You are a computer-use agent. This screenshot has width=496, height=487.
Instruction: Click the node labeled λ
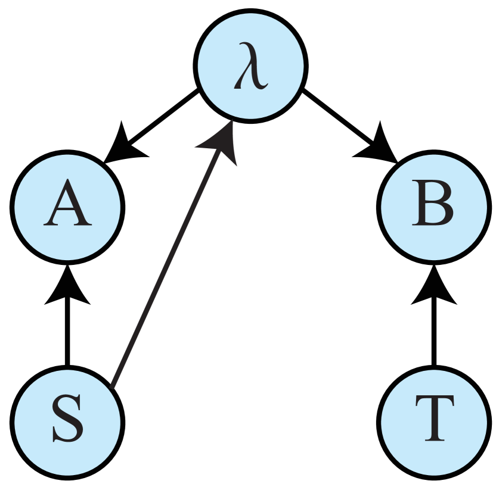point(251,66)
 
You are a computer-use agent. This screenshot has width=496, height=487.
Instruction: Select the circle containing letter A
point(67,207)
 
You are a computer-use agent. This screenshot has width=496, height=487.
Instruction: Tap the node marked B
point(434,207)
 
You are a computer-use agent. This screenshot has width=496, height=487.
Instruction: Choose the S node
point(67,422)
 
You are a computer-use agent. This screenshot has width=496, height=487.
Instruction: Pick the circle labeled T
point(434,422)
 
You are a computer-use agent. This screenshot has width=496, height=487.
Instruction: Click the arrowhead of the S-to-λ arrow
point(222,143)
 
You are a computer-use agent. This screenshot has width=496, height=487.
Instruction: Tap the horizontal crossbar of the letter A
point(67,213)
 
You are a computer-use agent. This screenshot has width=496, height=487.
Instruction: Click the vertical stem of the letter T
point(434,424)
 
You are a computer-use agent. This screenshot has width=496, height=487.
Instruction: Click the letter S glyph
point(67,422)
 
